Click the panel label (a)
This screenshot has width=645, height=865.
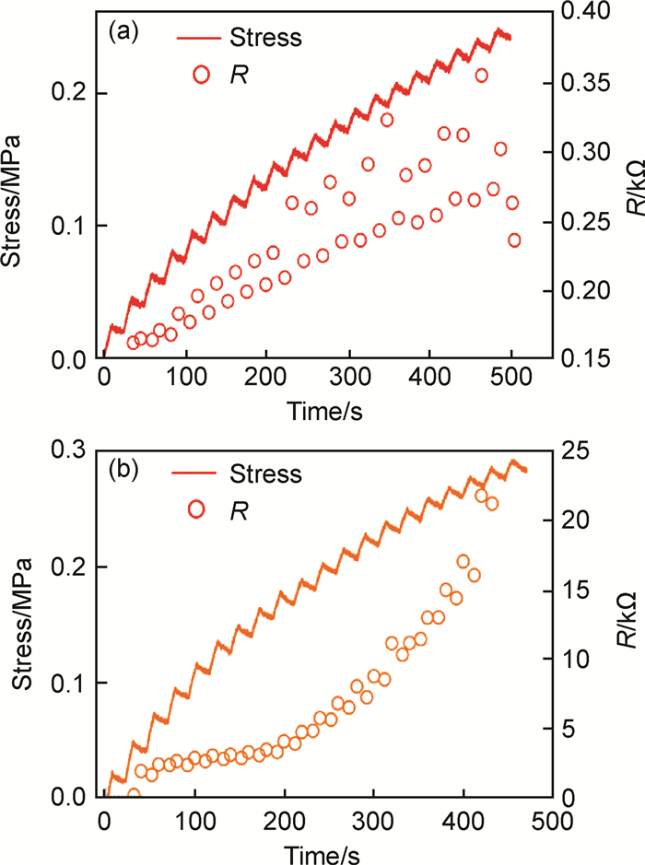tap(124, 35)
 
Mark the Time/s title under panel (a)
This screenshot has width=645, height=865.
tap(322, 412)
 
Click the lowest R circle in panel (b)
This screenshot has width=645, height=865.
tap(133, 795)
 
